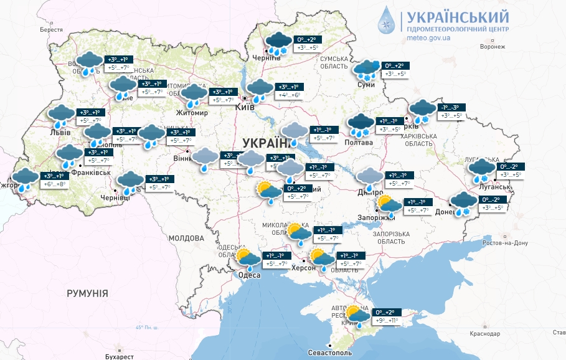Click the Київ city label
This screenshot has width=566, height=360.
243,107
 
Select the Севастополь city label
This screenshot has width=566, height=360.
335,353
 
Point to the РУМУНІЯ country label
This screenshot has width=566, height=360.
87,293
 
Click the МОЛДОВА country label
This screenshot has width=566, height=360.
186,238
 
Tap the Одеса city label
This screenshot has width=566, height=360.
249,276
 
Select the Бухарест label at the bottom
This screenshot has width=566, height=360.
118,356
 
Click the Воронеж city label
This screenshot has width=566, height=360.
493,46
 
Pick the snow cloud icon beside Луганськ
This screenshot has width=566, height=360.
481,170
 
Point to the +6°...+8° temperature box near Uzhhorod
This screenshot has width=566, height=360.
54,185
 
